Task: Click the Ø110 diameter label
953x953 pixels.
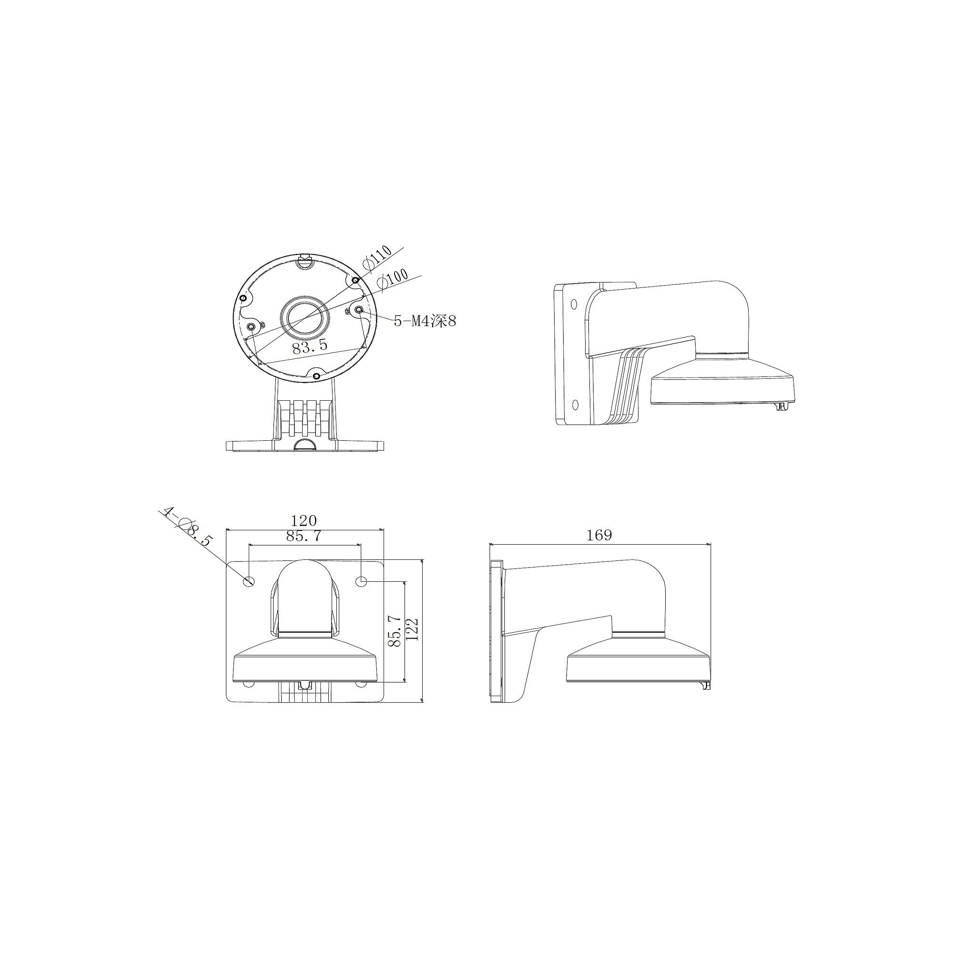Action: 377,257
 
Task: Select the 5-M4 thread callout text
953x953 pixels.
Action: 424,321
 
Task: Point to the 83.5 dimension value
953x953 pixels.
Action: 310,346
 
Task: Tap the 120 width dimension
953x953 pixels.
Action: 304,520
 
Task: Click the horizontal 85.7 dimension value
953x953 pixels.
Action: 304,536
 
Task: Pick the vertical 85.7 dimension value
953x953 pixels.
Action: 394,631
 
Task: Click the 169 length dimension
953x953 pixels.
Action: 599,535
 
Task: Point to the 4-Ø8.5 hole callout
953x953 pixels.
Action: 187,526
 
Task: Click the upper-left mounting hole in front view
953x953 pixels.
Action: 249,581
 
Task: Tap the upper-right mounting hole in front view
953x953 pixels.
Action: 363,583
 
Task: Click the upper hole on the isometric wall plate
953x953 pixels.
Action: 574,304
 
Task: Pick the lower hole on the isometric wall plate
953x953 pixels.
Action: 575,405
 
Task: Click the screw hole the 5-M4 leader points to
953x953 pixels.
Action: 359,310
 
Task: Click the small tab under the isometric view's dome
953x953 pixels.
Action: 780,406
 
